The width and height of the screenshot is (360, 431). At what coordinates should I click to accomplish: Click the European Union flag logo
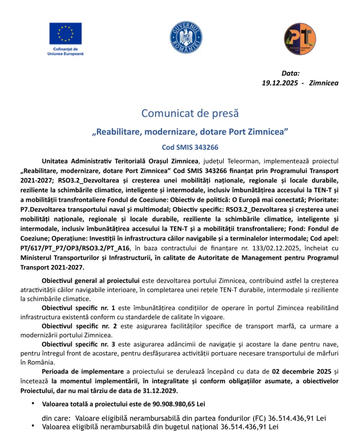point(65,33)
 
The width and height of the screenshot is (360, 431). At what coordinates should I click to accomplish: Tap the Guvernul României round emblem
point(186,37)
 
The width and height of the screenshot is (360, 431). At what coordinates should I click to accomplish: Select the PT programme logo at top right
point(300,38)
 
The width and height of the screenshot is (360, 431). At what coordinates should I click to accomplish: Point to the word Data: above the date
point(291,73)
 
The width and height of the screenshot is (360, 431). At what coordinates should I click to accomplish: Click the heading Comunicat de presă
point(190,113)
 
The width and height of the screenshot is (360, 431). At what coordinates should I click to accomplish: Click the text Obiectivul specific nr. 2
point(78,326)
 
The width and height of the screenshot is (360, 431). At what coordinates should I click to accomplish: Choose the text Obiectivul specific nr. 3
point(78,344)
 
